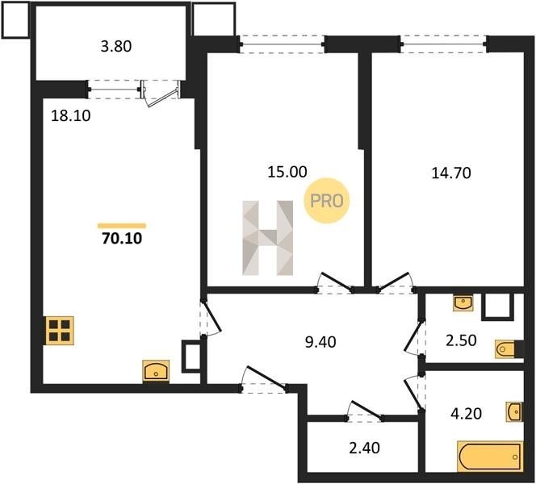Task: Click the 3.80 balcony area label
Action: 116,46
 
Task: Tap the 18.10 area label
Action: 71,116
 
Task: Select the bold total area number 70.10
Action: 122,238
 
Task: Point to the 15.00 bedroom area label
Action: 287,172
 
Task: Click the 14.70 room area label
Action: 451,173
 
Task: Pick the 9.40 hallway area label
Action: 320,341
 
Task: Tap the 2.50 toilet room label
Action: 461,340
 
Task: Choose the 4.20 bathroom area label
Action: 467,414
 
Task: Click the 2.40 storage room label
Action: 364,448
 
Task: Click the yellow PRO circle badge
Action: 326,201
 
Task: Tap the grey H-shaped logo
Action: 268,238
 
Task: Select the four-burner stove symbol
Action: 60,330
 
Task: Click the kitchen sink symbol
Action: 156,371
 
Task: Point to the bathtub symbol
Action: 490,456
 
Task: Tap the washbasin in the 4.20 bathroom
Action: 514,411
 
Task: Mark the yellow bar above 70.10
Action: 122,225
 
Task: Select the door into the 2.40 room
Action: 364,411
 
